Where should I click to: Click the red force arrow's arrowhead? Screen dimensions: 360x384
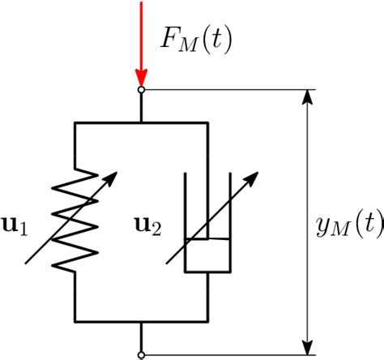pos(142,76)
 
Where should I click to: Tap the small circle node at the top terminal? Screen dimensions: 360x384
pos(142,89)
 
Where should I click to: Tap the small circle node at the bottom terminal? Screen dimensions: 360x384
pos(142,354)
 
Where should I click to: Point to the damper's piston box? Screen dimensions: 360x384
pos(208,255)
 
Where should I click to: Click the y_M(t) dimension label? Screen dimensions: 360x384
pos(349,224)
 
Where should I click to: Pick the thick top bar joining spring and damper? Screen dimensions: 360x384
pos(142,122)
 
